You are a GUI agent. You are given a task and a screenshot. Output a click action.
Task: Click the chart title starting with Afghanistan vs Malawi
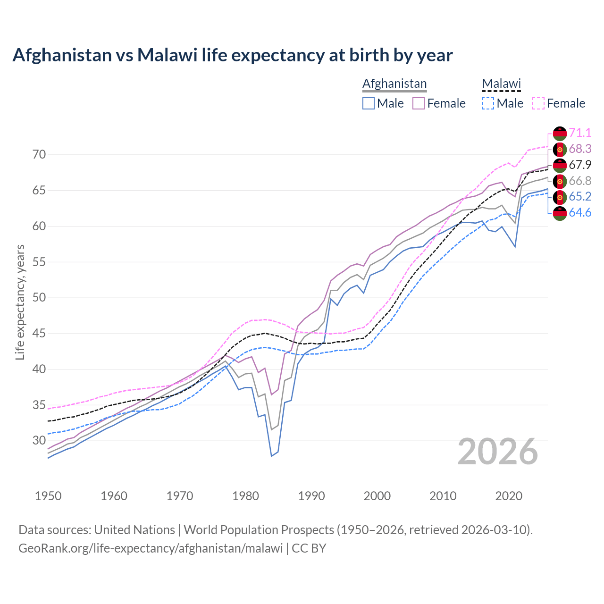232,55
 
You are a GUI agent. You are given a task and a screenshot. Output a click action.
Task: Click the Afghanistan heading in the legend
394,84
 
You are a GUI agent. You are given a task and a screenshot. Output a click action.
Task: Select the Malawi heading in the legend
501,84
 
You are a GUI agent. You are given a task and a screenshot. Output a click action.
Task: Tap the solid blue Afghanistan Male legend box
369,103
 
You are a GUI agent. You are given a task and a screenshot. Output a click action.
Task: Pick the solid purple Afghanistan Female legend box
419,103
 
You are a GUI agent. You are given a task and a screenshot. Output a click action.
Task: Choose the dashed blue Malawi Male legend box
488,103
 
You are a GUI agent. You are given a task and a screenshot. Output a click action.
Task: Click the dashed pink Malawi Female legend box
538,103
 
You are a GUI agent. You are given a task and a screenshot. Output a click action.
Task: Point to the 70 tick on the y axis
39,155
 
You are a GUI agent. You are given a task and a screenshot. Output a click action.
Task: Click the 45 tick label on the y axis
39,334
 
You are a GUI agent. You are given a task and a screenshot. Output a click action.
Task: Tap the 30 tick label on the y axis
39,441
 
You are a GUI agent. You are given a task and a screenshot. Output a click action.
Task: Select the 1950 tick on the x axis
48,496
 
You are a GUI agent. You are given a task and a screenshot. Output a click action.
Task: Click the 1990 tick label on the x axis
311,496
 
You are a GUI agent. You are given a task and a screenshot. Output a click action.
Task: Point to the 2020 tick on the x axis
509,496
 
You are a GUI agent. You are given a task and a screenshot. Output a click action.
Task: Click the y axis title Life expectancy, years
20,302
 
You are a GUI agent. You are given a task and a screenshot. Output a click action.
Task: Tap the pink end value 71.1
580,133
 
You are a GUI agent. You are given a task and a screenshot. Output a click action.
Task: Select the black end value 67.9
580,165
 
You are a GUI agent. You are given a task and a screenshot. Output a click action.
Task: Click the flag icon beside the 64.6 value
560,213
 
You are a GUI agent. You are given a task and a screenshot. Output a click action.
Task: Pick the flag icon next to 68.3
560,149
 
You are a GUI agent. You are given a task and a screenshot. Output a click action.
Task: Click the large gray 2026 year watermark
498,452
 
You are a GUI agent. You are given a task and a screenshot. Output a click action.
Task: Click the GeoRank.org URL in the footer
151,548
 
